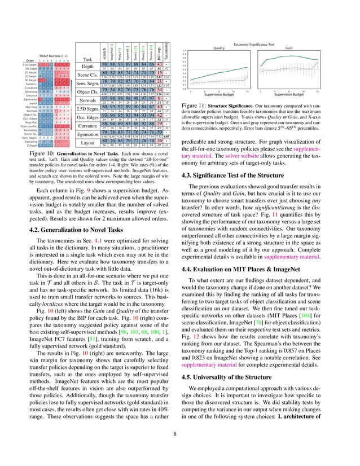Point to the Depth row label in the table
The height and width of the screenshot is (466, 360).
(87, 67)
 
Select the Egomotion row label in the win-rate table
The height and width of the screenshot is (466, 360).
(87, 134)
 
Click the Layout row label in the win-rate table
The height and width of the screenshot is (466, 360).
(87, 143)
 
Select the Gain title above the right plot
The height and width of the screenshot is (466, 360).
(289, 49)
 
